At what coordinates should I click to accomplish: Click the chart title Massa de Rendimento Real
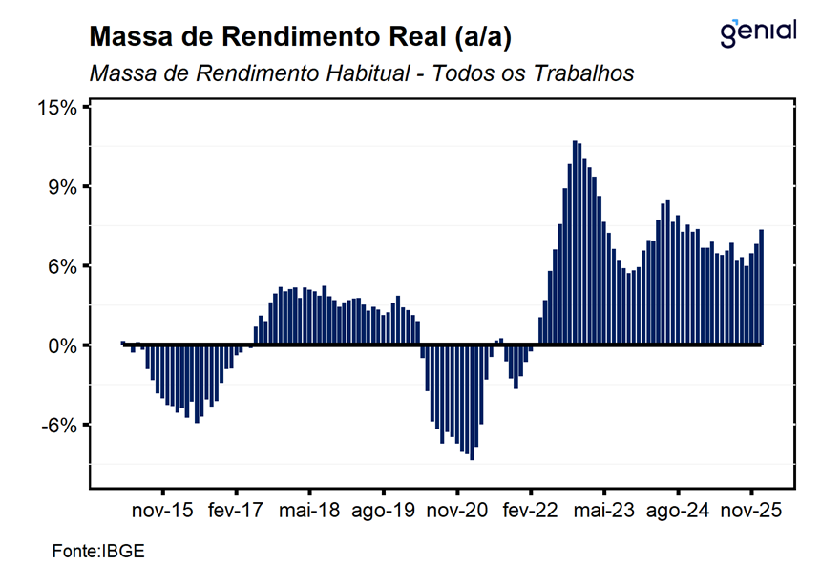pos(301,37)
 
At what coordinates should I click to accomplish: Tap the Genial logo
pos(758,32)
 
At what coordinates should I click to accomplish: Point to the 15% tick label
pos(57,107)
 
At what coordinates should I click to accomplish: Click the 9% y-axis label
pos(63,186)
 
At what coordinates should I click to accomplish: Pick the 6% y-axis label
pos(63,265)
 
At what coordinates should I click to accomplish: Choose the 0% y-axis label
pos(63,345)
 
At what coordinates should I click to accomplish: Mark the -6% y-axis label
pos(59,425)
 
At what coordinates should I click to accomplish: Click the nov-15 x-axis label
pos(162,511)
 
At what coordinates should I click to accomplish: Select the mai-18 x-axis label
pos(309,511)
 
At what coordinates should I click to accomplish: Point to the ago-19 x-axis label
pos(383,511)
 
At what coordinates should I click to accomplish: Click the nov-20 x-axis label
pos(456,511)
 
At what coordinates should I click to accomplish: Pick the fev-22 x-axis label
pos(530,511)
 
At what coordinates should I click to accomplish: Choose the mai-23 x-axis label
pos(603,511)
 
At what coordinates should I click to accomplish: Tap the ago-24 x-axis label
pos(677,511)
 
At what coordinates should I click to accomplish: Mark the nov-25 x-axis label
pos(750,511)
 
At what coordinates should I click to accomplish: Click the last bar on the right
pos(761,286)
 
